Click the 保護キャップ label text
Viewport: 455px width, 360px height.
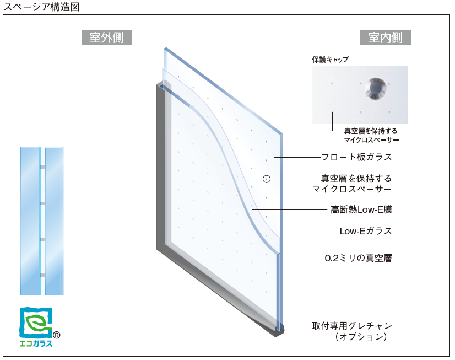click(331, 60)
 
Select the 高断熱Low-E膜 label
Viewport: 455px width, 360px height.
click(361, 209)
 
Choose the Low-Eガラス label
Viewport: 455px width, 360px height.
click(366, 231)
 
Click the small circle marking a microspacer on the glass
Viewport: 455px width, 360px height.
click(267, 179)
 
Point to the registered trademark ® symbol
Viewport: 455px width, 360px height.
click(57, 335)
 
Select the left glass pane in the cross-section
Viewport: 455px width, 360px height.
click(30, 221)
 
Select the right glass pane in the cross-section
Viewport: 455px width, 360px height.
click(54, 221)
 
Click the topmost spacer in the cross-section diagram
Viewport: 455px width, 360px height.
click(42, 167)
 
